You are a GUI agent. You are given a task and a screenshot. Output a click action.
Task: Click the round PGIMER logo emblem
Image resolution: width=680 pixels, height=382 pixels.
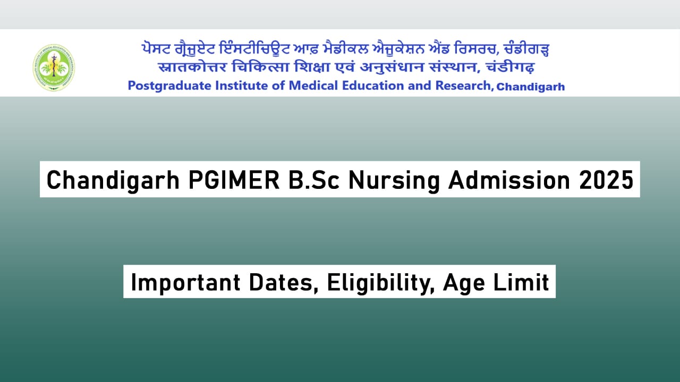54,67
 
